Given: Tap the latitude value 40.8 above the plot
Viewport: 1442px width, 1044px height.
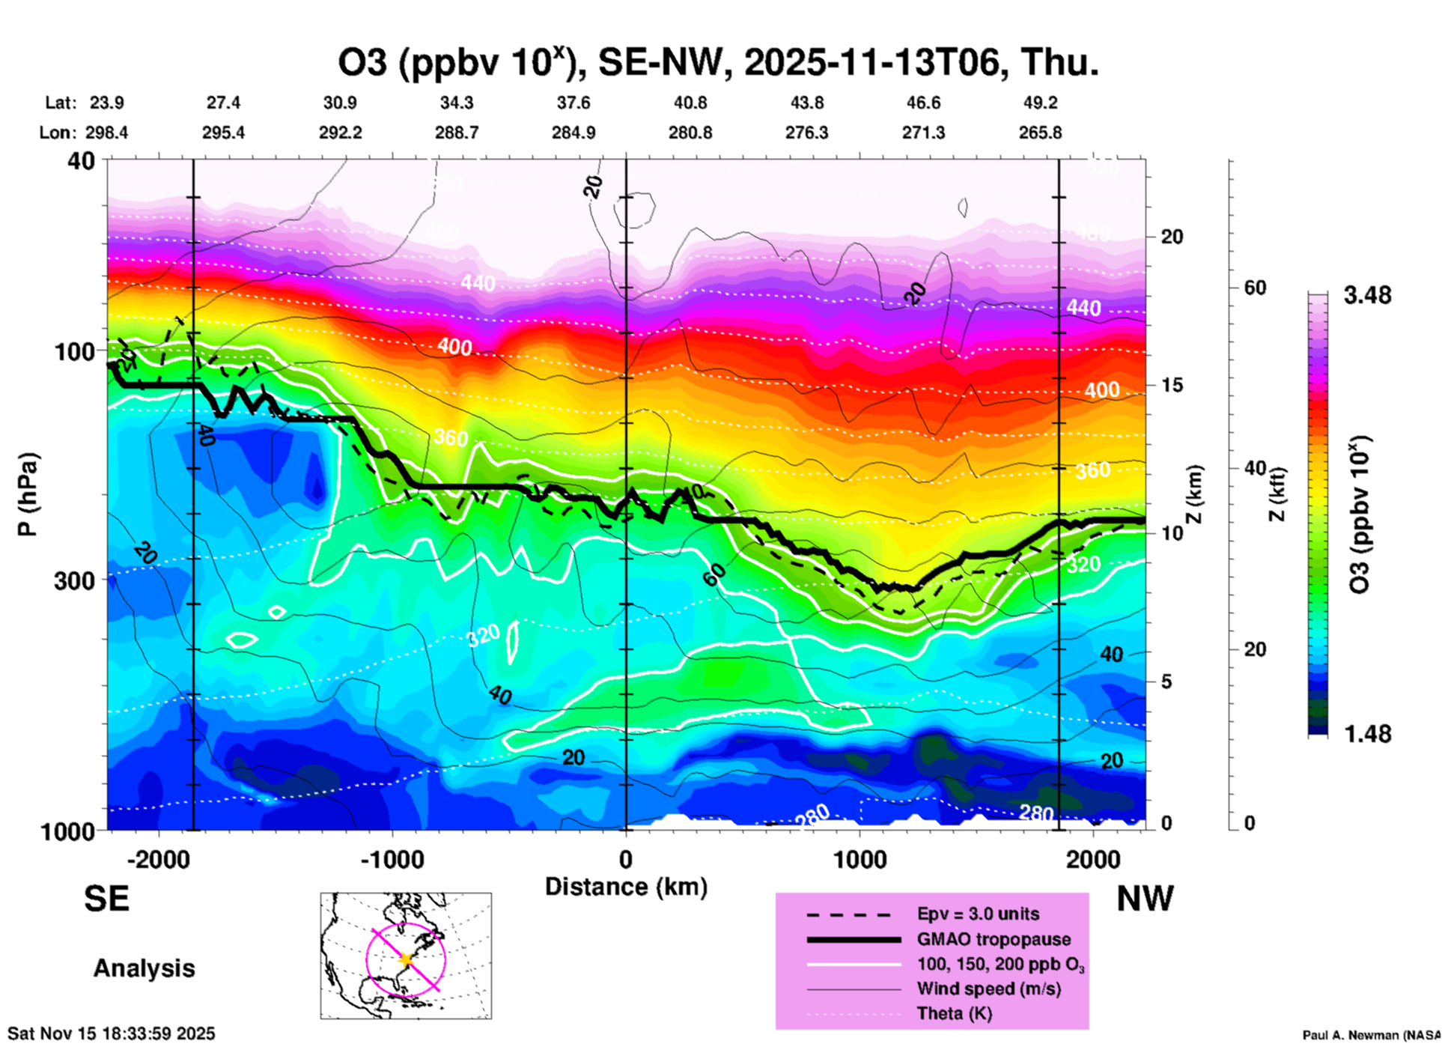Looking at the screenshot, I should click(690, 103).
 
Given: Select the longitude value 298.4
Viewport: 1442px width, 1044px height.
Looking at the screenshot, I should click(106, 133).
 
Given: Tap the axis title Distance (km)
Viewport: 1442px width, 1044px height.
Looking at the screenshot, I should click(625, 887).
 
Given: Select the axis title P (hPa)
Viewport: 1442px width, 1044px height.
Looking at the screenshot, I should click(28, 494).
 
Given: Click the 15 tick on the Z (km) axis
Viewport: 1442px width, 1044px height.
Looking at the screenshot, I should click(1172, 385).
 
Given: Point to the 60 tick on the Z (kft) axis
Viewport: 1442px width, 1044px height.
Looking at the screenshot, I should click(1255, 288).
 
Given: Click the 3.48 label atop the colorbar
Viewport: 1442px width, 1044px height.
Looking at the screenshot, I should click(1367, 295).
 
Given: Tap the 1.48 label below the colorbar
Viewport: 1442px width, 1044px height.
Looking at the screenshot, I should click(1367, 734).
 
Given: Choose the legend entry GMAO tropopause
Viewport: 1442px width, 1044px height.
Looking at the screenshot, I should click(994, 939).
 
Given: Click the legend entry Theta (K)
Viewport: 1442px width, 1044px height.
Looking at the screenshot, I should click(954, 1013).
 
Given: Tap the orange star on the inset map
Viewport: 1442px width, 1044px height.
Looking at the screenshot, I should click(406, 959).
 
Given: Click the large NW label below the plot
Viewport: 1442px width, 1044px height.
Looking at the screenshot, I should click(1145, 899).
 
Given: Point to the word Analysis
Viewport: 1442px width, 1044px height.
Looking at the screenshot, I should click(144, 968).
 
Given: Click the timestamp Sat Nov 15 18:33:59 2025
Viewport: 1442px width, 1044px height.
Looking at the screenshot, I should click(111, 1034).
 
